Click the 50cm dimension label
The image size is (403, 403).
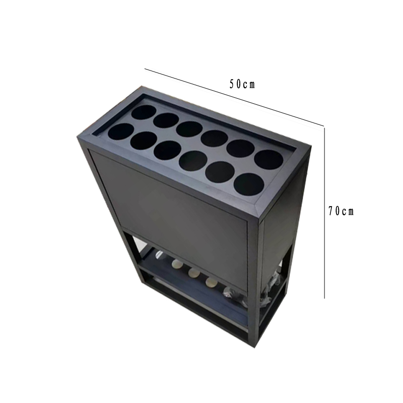242,84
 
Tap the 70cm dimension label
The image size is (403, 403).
341,211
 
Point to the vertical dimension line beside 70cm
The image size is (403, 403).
324,212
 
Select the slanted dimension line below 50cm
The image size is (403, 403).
234,97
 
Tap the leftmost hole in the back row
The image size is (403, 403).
144,112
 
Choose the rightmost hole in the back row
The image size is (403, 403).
268,160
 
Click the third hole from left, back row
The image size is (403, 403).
189,129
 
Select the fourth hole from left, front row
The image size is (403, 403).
193,161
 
